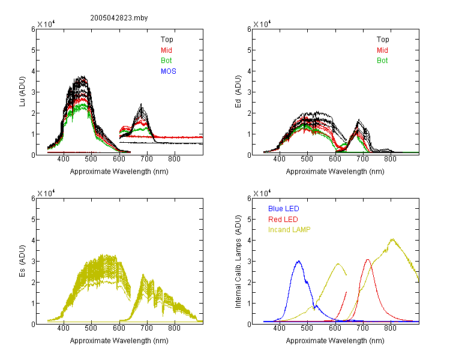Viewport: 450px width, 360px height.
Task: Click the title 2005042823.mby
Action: coord(119,18)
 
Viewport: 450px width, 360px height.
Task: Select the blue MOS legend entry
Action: coord(169,71)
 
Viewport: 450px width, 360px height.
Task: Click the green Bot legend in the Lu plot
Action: coord(166,61)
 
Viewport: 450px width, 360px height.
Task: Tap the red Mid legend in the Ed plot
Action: coord(382,50)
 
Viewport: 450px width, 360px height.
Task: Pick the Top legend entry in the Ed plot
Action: coord(383,40)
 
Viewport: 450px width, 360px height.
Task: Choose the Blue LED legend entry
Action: coord(284,209)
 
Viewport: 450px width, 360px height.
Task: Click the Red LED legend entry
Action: coord(283,220)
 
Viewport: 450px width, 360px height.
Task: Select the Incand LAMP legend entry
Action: coord(289,230)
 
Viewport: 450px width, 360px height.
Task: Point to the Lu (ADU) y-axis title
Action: coord(22,91)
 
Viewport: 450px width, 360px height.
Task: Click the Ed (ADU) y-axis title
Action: coord(238,92)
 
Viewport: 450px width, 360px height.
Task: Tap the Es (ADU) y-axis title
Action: coord(22,261)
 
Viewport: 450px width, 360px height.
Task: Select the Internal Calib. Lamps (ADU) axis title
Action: coord(238,262)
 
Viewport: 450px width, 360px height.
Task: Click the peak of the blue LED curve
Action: coord(299,261)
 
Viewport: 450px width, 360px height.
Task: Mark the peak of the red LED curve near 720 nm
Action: coord(368,260)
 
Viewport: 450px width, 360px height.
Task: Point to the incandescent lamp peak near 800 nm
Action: coord(392,239)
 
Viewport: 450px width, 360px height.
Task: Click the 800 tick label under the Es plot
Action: coord(174,328)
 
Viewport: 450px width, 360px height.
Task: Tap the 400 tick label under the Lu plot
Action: coord(64,159)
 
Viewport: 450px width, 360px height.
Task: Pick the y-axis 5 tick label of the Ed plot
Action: coord(249,50)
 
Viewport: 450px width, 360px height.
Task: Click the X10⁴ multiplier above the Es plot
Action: coord(46,193)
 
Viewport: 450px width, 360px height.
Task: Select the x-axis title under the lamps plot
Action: coord(335,341)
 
